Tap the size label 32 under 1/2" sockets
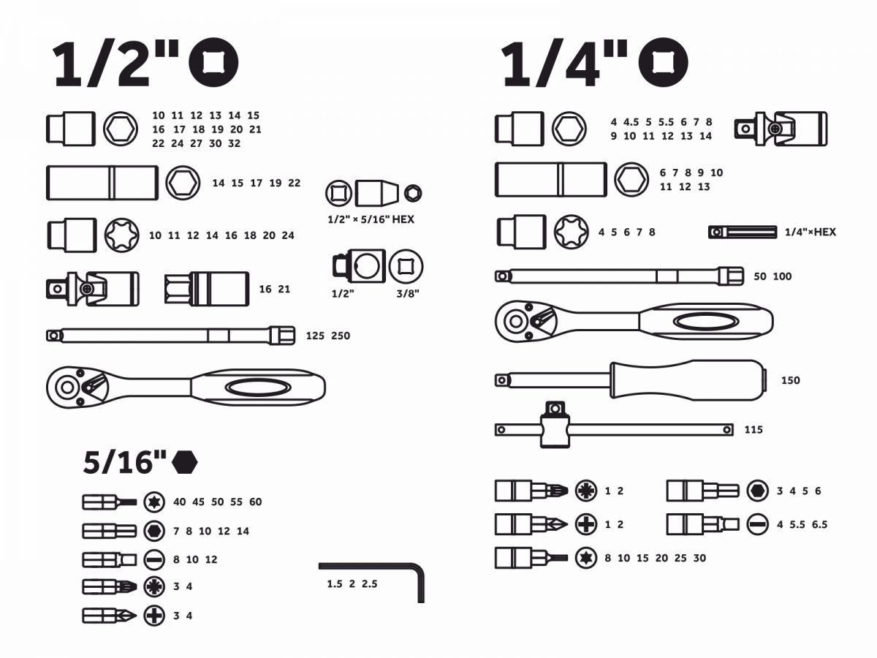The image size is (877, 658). (x=234, y=143)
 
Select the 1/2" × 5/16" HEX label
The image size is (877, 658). (x=371, y=219)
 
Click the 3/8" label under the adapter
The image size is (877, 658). (x=408, y=294)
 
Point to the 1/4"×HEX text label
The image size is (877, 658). (x=810, y=232)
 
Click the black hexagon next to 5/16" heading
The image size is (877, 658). (x=185, y=462)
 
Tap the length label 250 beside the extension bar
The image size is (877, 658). (x=341, y=336)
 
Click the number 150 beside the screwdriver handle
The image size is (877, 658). (x=791, y=380)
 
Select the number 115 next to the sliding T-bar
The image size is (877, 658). (x=753, y=430)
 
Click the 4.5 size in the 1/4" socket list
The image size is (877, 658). (x=631, y=122)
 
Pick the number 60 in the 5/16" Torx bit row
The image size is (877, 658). (x=255, y=502)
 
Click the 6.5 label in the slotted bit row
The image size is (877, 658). (x=819, y=524)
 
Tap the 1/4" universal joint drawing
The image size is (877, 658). (x=781, y=129)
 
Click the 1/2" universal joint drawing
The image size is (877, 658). (x=93, y=289)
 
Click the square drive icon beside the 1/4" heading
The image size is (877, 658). (x=664, y=63)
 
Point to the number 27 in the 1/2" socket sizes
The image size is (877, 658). (x=196, y=143)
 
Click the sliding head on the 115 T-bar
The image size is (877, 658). (x=555, y=425)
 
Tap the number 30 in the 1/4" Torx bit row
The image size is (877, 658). (x=699, y=558)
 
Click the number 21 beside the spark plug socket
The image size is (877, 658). (x=284, y=290)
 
